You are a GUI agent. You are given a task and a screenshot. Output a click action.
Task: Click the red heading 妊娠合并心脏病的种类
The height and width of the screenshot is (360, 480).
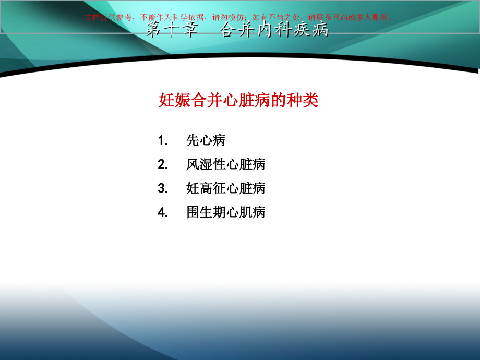(x=238, y=100)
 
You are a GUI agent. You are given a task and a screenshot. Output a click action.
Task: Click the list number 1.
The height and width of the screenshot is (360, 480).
(x=162, y=140)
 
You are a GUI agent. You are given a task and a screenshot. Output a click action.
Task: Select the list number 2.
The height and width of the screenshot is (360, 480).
(x=162, y=164)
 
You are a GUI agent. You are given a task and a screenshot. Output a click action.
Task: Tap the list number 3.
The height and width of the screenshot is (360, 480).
(x=162, y=188)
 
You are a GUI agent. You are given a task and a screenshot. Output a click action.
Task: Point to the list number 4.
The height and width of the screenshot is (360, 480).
(x=162, y=212)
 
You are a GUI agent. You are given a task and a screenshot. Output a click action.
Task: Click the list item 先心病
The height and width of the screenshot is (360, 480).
(x=206, y=140)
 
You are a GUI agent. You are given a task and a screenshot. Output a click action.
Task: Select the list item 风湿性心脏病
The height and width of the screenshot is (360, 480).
(x=225, y=164)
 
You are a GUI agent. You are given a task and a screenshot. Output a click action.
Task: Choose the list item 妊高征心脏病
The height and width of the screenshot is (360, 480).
(x=225, y=188)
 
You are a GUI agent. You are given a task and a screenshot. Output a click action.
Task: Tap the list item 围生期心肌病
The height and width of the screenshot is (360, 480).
(x=225, y=212)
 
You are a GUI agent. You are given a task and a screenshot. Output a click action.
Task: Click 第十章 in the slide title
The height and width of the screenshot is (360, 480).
(x=172, y=30)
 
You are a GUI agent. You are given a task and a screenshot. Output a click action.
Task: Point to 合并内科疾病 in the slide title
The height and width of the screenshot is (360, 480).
(x=274, y=30)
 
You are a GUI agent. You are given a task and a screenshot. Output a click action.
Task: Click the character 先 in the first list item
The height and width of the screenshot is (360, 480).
(x=193, y=140)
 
